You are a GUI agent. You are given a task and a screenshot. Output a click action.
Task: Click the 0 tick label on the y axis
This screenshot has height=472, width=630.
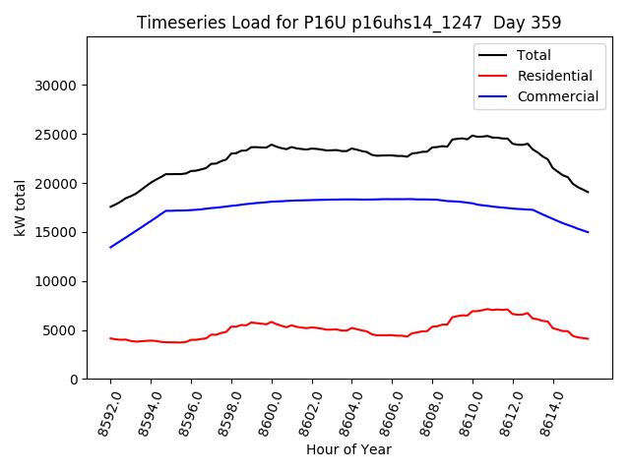coord(74,380)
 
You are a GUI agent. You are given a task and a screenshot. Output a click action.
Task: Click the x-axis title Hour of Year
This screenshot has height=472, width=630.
coord(348,449)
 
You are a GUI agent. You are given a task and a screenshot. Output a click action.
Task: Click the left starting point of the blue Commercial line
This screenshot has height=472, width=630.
coord(110,247)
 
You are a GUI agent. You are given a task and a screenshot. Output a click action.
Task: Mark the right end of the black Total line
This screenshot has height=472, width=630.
coord(588,192)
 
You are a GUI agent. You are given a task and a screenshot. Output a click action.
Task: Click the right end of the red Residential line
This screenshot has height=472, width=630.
coord(588,339)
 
